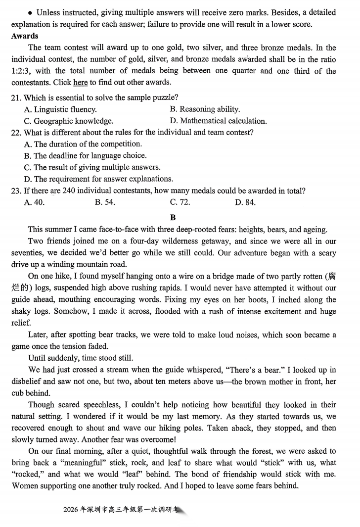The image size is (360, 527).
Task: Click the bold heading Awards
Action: point(25,36)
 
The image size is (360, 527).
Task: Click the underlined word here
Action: point(80,83)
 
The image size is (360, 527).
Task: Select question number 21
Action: point(16,97)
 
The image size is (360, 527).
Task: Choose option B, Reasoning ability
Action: point(205,109)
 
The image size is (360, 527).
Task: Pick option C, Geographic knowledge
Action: point(69,121)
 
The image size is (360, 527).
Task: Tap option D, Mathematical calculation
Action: point(218,121)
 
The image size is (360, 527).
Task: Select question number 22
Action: point(16,133)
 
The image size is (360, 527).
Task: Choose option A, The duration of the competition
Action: point(83,144)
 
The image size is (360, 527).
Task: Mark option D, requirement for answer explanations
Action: point(98,179)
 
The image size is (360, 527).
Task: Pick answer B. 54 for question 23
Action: point(104,202)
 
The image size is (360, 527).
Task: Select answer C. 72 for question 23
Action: point(180,202)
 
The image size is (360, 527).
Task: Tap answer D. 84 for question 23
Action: point(245,202)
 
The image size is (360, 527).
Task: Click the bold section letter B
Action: point(173,217)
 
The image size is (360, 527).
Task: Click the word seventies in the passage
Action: point(30,253)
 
